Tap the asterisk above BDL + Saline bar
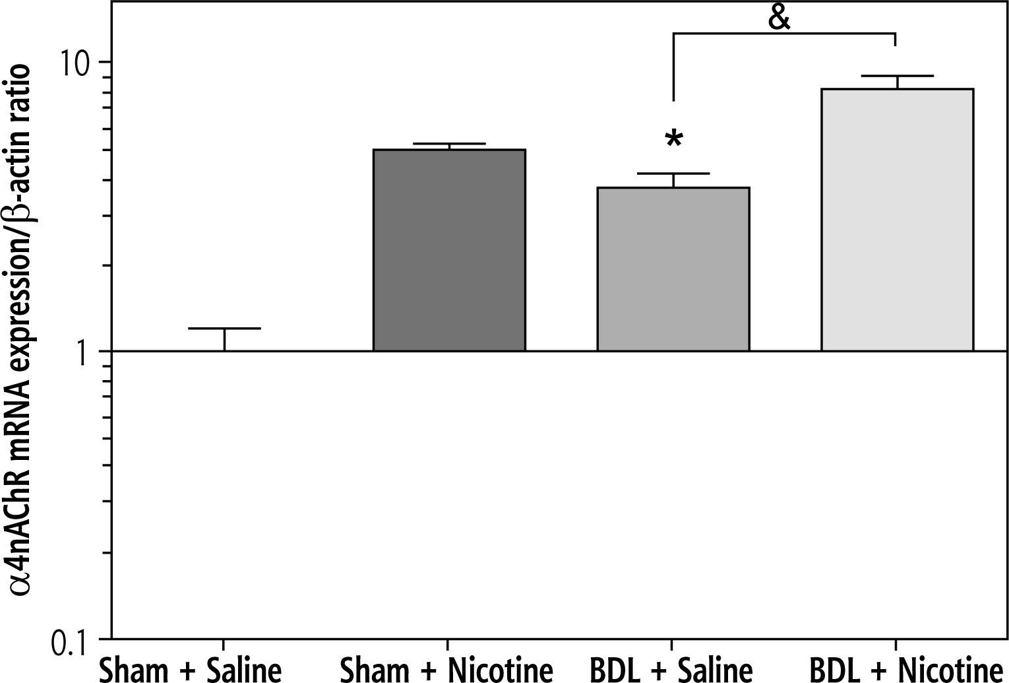tap(673, 141)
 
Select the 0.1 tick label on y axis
tap(73, 640)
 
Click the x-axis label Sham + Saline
tap(191, 670)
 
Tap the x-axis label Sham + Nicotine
tap(447, 670)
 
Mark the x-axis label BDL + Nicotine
tap(902, 670)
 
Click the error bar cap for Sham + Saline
tap(225, 328)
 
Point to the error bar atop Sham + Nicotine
tap(449, 145)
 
